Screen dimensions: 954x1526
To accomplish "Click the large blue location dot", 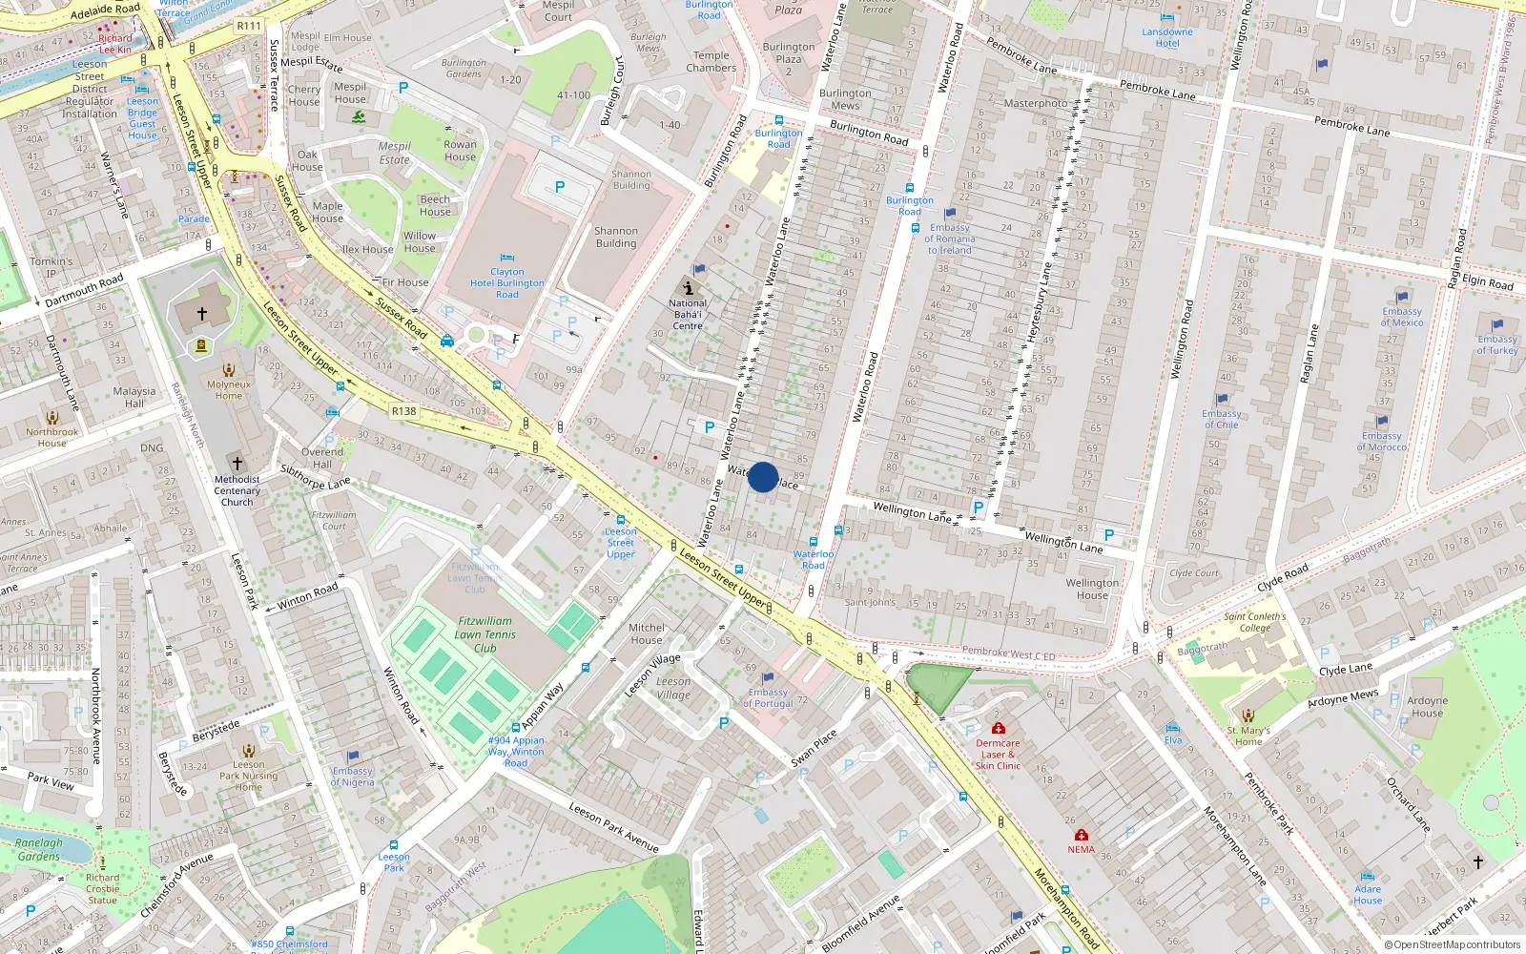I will (763, 477).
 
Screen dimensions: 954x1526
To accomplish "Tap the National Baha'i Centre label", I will (688, 315).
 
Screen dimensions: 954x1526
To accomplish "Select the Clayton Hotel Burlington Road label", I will (507, 283).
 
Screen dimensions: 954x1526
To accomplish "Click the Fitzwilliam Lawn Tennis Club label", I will (485, 634).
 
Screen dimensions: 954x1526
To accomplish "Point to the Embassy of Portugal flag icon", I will (768, 678).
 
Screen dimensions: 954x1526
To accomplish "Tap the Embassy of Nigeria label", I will (353, 777).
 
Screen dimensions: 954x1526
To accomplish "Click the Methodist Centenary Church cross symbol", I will (237, 464).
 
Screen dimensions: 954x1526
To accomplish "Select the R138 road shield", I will (403, 411).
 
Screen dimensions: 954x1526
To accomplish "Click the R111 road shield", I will (249, 26).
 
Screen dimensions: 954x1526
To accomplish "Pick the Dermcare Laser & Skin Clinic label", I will (998, 755).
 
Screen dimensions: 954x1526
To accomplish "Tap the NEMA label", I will (1081, 849).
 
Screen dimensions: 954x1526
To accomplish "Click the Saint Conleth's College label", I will (1255, 622).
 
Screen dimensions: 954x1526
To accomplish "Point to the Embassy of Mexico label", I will (1402, 317).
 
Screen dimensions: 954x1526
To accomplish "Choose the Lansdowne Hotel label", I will (1167, 37).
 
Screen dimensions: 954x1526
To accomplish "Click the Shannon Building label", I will (616, 237).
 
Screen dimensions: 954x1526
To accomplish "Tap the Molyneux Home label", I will (229, 390).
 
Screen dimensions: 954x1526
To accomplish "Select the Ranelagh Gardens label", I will (39, 849).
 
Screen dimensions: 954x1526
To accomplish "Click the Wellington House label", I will (1093, 589).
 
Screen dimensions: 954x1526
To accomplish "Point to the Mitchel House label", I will (647, 633).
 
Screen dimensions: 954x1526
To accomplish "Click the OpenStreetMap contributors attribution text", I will (1452, 944).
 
